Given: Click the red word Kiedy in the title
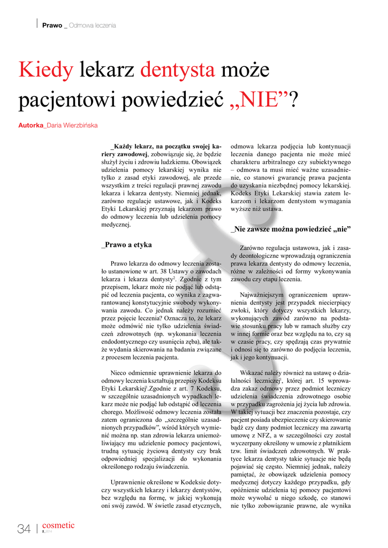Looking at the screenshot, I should point(45,70).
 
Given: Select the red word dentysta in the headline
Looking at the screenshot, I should point(177,70).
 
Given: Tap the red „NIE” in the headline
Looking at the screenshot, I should point(256,99).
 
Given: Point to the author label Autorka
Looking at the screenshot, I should point(31,126).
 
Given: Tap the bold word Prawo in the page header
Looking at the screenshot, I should point(52,25).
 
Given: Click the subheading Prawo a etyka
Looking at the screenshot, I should point(126,245).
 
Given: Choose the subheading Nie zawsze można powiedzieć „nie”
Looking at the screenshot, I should point(291,230).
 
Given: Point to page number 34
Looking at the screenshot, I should point(24,529).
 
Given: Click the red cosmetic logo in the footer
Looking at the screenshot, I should point(58,526).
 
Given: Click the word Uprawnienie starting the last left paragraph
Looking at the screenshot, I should point(131,482).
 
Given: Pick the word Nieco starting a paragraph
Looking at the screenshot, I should point(119,373).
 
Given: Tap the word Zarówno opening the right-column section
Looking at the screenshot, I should point(253,248).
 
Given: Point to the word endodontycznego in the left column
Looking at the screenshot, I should point(127,341).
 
